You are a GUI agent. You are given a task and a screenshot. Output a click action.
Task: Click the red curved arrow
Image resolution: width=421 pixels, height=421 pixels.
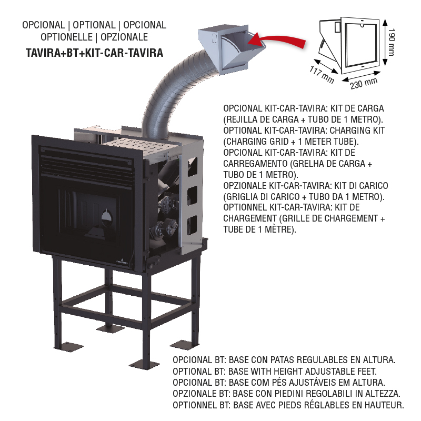[279, 41]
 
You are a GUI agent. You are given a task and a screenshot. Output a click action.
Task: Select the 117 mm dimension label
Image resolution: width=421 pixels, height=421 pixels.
[322, 75]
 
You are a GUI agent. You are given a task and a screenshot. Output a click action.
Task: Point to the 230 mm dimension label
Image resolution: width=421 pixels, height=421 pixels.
[364, 83]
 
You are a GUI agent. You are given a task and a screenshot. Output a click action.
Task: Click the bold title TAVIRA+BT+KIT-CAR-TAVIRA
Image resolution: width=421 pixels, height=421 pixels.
[95, 53]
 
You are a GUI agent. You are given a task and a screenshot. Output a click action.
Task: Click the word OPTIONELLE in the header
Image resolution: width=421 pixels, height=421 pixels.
[67, 37]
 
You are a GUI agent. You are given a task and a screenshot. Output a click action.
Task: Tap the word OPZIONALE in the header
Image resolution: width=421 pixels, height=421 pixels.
[124, 37]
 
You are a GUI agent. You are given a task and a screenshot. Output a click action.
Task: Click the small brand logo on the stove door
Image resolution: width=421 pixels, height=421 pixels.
[123, 261]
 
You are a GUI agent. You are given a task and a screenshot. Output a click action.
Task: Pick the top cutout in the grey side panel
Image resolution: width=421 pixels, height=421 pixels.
[192, 167]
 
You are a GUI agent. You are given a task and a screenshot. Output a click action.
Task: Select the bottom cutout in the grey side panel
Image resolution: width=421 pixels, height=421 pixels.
[192, 225]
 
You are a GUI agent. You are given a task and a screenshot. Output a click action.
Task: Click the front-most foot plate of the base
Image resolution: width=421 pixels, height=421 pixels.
[144, 365]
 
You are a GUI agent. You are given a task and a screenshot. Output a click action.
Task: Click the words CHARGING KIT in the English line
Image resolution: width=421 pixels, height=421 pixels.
[357, 131]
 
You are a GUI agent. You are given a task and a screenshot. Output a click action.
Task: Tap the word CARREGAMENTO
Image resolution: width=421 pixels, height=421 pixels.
[255, 164]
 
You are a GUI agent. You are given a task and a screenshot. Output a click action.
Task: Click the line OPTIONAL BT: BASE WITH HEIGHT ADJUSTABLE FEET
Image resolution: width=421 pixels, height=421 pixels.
[275, 372]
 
